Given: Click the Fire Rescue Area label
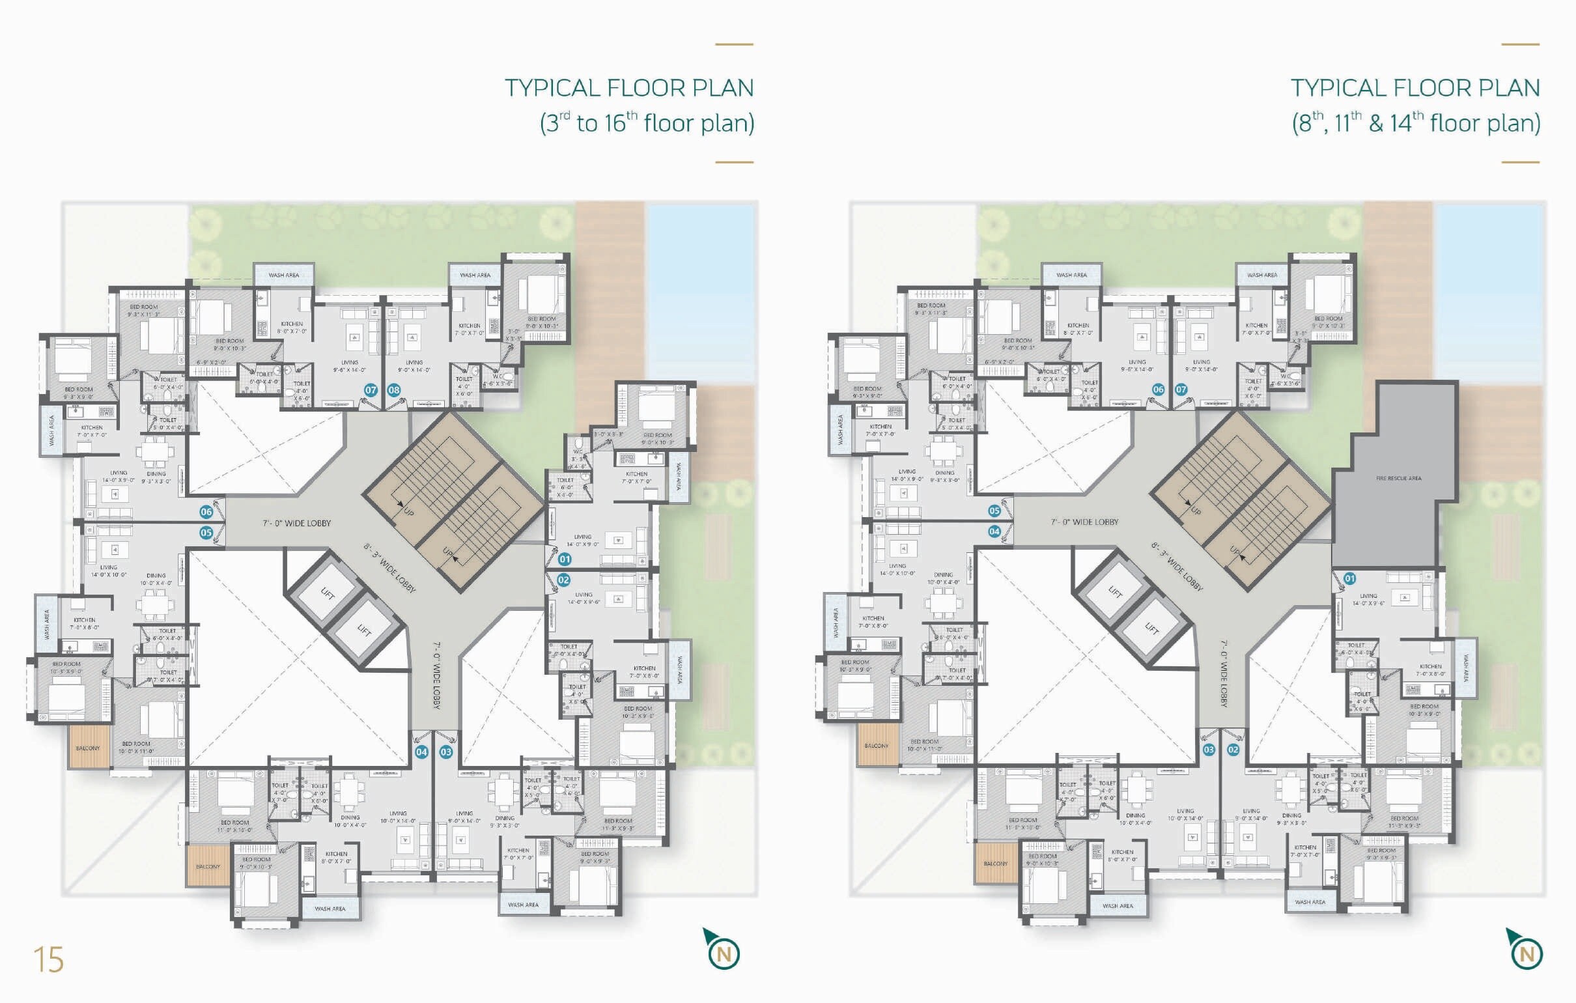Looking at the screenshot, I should [x=1399, y=479].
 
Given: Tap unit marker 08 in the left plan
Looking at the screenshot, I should [x=393, y=390].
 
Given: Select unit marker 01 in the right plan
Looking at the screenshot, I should [x=1349, y=579].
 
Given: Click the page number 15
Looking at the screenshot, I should [x=48, y=961].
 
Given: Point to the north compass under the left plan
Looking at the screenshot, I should [x=723, y=953].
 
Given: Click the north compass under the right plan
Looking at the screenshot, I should [x=1526, y=953].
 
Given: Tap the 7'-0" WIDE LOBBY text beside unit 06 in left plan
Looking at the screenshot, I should [x=296, y=523].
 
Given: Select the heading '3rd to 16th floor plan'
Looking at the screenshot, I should [x=647, y=123].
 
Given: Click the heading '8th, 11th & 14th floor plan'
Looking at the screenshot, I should [x=1416, y=123].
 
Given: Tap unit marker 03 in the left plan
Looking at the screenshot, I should [x=445, y=752].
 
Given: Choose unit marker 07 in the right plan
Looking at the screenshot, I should [x=1181, y=389].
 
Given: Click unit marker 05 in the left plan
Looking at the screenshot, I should [x=206, y=533].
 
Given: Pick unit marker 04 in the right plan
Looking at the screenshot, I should [x=994, y=531].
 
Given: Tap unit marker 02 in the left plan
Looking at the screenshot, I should [x=563, y=580].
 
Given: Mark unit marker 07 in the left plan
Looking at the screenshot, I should [x=371, y=390].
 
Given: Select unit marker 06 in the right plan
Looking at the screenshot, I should [x=1159, y=389].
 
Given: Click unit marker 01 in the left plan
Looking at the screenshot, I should [x=564, y=559].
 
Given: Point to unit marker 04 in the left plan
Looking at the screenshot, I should [x=421, y=752].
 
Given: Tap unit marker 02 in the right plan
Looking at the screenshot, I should [x=1233, y=750].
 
